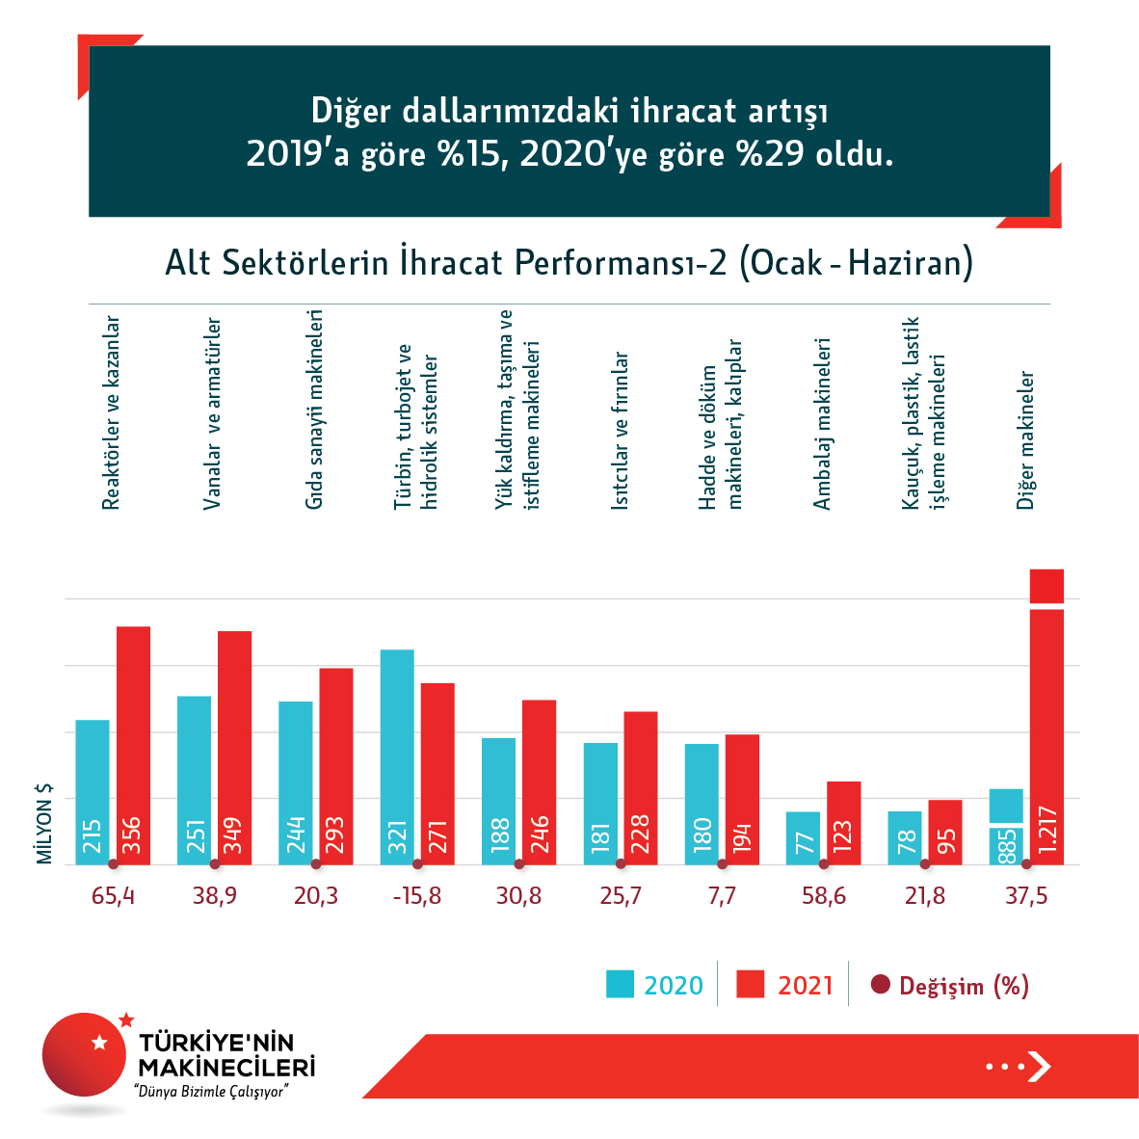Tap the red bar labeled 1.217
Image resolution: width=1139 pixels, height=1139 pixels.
[1046, 732]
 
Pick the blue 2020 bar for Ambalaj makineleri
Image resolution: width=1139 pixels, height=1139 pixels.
[803, 837]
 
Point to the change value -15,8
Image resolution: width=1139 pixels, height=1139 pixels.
[417, 896]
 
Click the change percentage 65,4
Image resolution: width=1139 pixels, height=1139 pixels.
[113, 896]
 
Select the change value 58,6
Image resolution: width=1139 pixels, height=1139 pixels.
[824, 896]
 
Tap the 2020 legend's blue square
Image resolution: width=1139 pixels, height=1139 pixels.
[620, 984]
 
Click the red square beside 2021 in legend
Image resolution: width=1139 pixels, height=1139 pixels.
[750, 984]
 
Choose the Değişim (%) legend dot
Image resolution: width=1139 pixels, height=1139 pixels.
[879, 985]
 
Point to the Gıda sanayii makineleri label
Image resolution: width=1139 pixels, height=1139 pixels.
[314, 410]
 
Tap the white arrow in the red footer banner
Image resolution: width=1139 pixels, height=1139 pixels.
[1038, 1066]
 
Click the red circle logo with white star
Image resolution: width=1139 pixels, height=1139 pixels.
[85, 1054]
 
